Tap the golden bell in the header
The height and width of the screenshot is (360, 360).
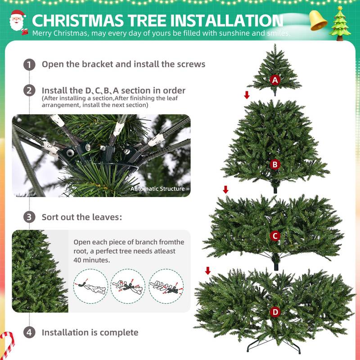(x=318, y=20)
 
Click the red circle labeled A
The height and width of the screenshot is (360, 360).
(x=275, y=80)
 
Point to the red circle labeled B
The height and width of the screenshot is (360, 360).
(x=275, y=165)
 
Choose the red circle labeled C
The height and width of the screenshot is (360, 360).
(x=275, y=236)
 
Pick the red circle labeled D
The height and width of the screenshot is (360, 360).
(x=275, y=312)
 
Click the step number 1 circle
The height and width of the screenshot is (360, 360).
(x=29, y=64)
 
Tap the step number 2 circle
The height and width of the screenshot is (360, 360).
(x=29, y=90)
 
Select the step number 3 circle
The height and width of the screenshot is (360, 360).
(x=29, y=217)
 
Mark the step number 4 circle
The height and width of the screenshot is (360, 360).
(x=29, y=333)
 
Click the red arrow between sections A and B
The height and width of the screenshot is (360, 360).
(x=247, y=95)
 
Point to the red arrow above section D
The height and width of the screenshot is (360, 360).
(x=208, y=270)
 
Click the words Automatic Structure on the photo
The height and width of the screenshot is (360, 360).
(x=157, y=189)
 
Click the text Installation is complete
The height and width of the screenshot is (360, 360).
(x=90, y=333)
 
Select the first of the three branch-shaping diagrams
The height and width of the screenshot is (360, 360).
(x=90, y=285)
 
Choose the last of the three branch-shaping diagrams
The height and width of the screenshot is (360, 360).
(x=166, y=285)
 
